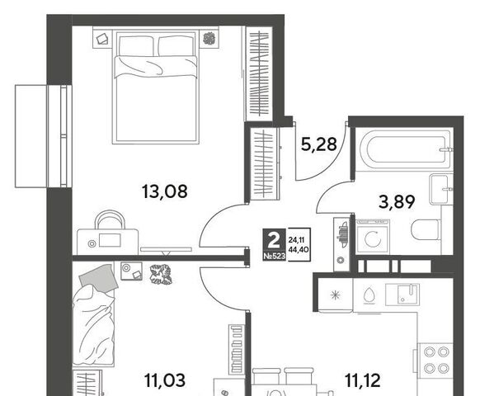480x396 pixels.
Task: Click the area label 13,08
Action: coord(165,191)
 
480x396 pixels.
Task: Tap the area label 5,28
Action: coord(319,144)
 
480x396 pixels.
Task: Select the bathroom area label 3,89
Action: coord(397,202)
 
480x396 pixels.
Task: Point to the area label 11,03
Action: coord(165,380)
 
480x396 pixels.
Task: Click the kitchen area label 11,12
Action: coord(363,380)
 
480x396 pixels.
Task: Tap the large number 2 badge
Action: coord(274,240)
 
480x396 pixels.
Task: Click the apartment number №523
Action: coord(275,257)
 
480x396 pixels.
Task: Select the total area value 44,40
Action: coord(299,250)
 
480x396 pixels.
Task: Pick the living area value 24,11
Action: coord(296,240)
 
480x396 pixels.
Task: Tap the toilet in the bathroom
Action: coord(426,229)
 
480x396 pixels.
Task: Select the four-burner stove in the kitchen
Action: coord(435,361)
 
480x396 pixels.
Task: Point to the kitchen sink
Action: coord(402,295)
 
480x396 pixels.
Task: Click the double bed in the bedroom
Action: coord(156,87)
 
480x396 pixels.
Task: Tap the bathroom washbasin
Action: coord(440,189)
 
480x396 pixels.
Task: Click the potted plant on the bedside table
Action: coord(209,38)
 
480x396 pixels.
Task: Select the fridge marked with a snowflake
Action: coord(336,295)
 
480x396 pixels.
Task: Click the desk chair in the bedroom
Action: coord(110,219)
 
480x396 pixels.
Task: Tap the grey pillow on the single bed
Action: coord(99,278)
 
